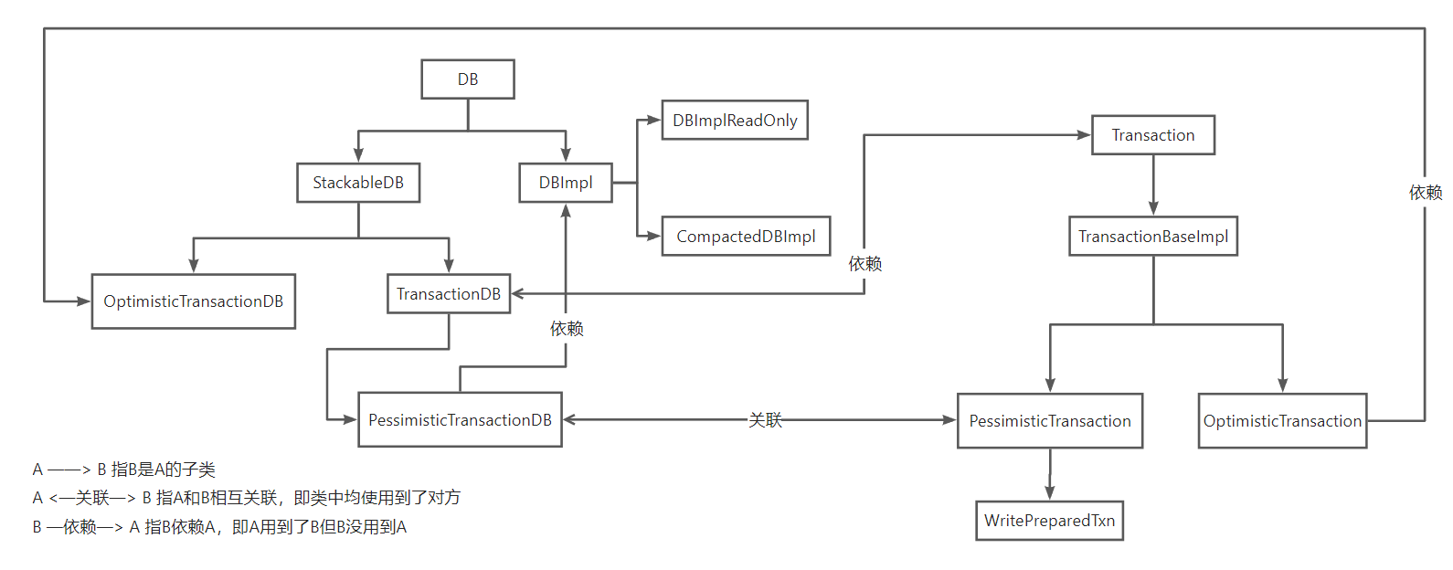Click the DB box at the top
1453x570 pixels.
pos(468,79)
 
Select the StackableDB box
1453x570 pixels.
pos(358,183)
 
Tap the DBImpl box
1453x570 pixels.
pos(566,183)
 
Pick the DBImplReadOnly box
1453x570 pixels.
pos(735,121)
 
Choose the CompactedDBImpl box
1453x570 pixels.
pos(746,237)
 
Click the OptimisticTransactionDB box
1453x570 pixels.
pos(194,301)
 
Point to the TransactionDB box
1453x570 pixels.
pos(449,294)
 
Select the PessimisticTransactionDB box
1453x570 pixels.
pos(460,420)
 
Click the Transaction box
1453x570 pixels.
pos(1153,135)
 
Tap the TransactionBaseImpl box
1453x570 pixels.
pos(1153,237)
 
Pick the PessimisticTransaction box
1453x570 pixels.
pos(1050,421)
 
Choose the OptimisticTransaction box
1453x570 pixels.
pos(1282,421)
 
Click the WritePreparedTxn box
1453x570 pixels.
pos(1049,521)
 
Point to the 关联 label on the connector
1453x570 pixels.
pos(766,420)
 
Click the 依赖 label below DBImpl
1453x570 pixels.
pos(567,329)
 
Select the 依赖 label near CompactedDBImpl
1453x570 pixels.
pos(864,264)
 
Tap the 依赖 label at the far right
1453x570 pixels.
pos(1426,193)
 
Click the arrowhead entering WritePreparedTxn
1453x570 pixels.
pos(1050,493)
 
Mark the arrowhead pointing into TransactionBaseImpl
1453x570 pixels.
pos(1153,209)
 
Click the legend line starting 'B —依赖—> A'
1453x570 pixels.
pos(219,527)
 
